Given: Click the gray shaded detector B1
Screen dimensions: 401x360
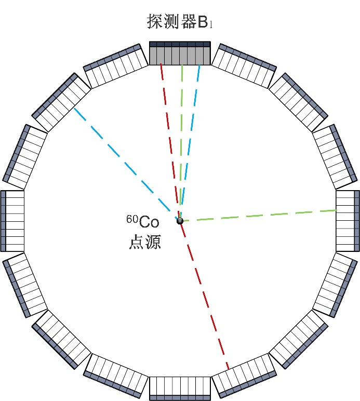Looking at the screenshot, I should tap(180, 55).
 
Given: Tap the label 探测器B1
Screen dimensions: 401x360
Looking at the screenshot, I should tap(180, 22).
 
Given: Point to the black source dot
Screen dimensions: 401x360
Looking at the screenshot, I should tap(180, 221).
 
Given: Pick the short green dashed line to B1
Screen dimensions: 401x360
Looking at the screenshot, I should tap(181, 140).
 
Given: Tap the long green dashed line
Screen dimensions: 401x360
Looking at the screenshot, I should tap(260, 216).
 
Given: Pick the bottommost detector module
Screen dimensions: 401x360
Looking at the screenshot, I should tap(180, 387).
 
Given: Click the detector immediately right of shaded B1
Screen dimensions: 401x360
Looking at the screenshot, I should tap(244, 65).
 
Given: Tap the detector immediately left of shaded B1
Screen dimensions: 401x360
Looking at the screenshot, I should tap(115, 65).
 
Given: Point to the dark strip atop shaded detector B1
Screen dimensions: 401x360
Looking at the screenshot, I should tap(180, 44).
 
